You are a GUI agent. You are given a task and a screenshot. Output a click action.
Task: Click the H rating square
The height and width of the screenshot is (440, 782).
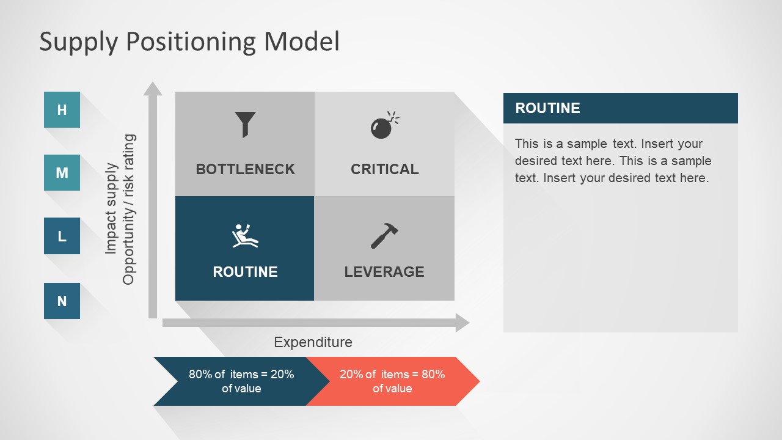click(x=62, y=110)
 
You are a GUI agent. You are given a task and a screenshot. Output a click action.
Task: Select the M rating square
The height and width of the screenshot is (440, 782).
click(x=62, y=173)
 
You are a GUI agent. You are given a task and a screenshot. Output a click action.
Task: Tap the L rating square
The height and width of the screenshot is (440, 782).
click(x=62, y=236)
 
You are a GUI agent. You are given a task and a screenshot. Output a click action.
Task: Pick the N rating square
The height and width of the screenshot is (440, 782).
click(x=62, y=301)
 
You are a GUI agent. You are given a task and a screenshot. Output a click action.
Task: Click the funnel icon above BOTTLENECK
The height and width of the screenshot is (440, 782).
click(x=245, y=124)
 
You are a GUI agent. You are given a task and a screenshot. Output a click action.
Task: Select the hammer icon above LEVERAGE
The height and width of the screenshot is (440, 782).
click(x=384, y=236)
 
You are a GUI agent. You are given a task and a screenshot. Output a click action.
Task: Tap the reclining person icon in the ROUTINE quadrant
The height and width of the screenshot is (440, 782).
click(x=245, y=236)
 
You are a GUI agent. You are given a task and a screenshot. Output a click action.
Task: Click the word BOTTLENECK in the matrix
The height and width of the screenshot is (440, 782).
click(x=245, y=169)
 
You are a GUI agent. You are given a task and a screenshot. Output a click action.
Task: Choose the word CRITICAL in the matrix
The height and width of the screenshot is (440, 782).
click(x=384, y=169)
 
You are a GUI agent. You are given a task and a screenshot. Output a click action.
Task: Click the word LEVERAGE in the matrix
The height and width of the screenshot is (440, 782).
click(x=384, y=272)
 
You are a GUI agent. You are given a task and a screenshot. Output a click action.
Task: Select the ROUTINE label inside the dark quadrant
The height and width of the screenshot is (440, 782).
click(x=245, y=272)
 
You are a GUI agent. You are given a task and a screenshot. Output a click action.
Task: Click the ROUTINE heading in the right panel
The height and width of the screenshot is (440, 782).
click(x=547, y=108)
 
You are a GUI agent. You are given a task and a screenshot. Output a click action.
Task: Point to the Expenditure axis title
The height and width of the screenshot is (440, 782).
click(x=313, y=342)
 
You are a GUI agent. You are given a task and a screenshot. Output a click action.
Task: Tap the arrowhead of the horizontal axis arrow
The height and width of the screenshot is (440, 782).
click(x=462, y=323)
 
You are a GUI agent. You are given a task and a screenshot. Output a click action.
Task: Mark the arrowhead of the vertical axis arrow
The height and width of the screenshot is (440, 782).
click(x=153, y=89)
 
